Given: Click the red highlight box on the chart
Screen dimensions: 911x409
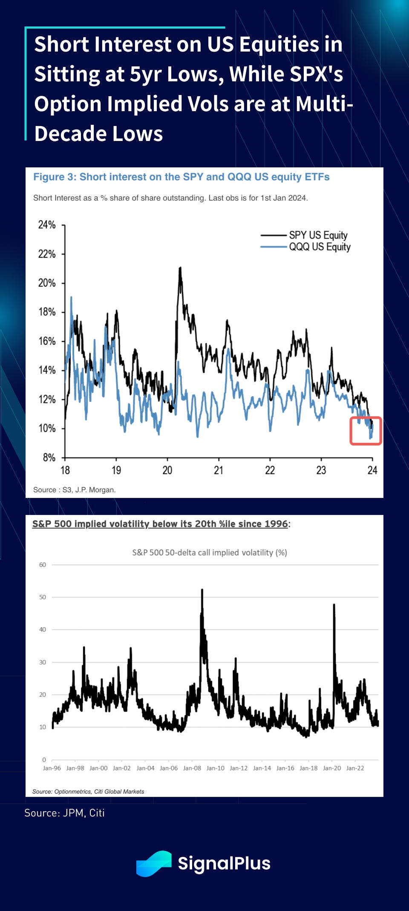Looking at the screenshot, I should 366,431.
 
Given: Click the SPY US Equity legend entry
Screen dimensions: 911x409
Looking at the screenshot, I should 318,235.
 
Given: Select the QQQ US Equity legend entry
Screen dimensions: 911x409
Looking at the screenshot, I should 320,247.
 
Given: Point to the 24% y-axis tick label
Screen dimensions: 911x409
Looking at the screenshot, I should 47,225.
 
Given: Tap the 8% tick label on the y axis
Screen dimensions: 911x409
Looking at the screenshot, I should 49,457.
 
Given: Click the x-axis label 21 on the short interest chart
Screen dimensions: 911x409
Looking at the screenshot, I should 219,470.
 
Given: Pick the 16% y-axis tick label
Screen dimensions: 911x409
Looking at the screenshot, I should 47,341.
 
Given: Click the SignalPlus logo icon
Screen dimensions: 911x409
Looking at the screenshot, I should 154,863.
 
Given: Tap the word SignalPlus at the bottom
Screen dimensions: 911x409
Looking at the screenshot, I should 224,863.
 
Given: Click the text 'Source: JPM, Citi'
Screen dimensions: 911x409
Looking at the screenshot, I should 64,813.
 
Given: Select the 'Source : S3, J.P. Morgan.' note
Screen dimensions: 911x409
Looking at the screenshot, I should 74,490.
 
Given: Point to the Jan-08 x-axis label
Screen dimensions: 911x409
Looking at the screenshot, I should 192,768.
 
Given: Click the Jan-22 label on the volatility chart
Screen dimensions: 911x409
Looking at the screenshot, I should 355,768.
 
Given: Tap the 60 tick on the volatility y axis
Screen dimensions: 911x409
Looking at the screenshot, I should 43,565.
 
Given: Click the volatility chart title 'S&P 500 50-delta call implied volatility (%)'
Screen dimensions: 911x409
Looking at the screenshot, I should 210,552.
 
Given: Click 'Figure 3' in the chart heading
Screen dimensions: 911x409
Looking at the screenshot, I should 54,177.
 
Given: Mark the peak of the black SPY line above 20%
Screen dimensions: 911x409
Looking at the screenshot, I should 180,268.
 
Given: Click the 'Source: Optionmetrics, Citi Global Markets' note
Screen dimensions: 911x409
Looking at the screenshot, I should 88,791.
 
